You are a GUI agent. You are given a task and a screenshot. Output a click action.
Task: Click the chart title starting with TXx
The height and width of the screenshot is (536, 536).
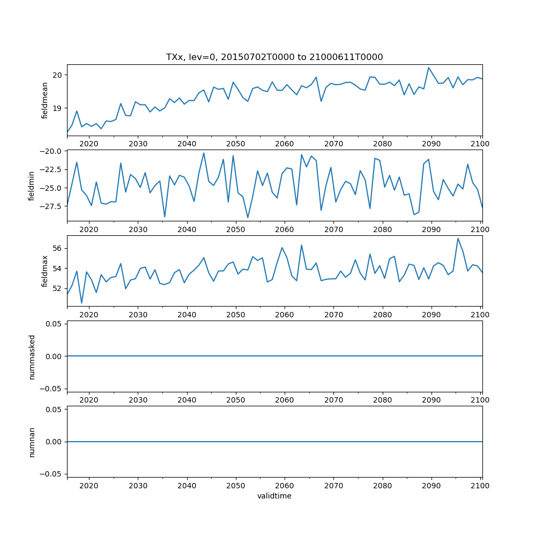(274, 57)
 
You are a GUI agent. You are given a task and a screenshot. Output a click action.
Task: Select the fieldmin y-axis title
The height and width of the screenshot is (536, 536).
(33, 185)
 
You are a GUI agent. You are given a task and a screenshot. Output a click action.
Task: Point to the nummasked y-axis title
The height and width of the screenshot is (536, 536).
(33, 356)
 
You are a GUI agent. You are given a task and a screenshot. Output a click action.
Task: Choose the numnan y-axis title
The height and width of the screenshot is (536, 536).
(33, 442)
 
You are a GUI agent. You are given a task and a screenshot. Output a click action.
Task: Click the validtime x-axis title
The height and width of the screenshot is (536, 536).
(274, 496)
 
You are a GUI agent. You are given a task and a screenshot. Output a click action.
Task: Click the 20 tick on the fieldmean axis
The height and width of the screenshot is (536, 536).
(58, 75)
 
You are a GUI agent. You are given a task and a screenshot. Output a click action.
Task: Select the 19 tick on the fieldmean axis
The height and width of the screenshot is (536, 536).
(58, 108)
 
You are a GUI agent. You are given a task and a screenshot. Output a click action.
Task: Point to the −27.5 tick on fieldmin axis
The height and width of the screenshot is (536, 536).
(51, 206)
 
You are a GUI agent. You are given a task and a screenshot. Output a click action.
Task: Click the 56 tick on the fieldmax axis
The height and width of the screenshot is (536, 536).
(58, 249)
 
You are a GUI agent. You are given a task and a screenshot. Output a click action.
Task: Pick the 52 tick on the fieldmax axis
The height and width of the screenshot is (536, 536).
(58, 288)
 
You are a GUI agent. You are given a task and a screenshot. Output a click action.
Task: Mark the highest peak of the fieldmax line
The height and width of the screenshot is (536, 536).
(458, 239)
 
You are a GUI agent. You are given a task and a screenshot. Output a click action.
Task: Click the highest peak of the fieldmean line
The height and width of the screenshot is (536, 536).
(429, 68)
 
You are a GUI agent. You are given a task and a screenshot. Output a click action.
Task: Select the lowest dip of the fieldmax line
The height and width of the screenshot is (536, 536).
(81, 303)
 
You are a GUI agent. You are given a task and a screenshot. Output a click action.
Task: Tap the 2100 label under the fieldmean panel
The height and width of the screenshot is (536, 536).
(480, 144)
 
